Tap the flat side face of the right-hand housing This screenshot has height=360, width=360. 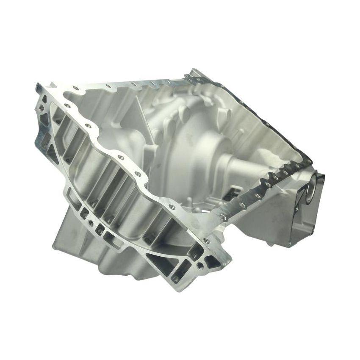coord(271,220)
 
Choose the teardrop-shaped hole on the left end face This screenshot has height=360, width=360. coord(51,127)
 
